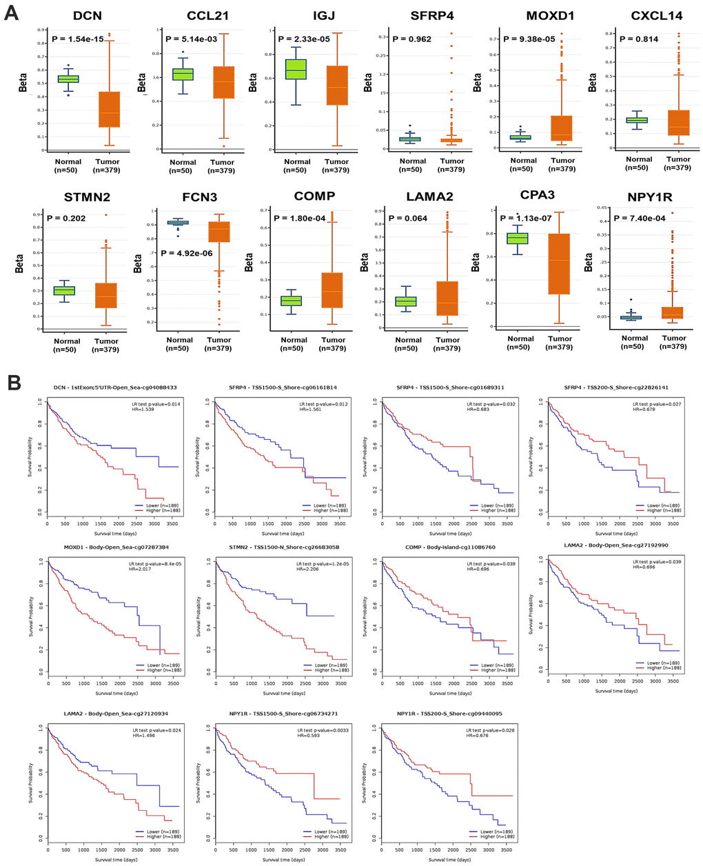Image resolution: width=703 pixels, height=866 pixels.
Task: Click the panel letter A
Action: [x=11, y=13]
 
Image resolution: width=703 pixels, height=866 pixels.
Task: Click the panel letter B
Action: [x=11, y=381]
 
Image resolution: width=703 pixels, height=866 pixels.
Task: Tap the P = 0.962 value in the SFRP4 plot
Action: [x=411, y=39]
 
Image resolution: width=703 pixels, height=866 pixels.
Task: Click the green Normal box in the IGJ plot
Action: [x=296, y=69]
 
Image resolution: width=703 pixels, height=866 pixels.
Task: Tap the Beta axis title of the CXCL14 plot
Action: [x=593, y=83]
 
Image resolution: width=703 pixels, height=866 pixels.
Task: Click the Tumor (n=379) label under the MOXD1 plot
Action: [x=562, y=165]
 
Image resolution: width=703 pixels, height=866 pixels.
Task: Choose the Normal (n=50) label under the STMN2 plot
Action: [x=67, y=345]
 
